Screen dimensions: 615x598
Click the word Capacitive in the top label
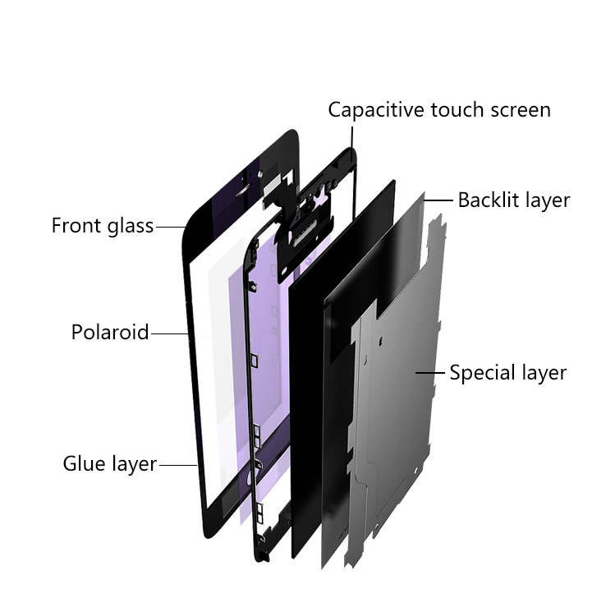(377, 110)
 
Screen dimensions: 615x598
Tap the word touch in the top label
(457, 110)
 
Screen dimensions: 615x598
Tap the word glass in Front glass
(131, 227)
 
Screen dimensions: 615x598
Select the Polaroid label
(110, 332)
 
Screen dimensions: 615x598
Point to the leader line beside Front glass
(171, 227)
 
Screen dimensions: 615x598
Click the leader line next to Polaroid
(170, 334)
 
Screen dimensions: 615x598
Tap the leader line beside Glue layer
(178, 466)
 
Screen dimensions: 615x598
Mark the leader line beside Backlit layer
(438, 200)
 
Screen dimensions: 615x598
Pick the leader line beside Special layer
(430, 372)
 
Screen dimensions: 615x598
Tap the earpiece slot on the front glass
(246, 190)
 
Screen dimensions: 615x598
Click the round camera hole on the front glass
(259, 172)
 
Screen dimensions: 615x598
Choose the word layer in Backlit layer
(548, 201)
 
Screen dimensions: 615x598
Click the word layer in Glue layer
(135, 465)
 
